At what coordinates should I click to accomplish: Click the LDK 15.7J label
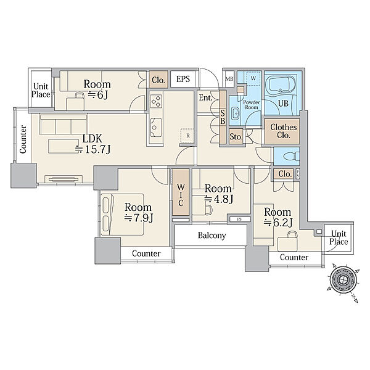(x=92, y=144)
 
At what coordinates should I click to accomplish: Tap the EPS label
(x=183, y=79)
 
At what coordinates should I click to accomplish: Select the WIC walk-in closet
(x=181, y=192)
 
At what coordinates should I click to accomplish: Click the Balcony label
(x=212, y=236)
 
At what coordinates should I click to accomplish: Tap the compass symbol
(x=343, y=281)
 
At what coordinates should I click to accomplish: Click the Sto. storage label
(x=236, y=137)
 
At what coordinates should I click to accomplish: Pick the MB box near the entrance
(x=229, y=79)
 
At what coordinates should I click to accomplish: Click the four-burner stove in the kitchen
(x=156, y=101)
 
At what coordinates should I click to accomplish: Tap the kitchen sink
(x=156, y=128)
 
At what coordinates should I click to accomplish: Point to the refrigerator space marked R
(x=187, y=136)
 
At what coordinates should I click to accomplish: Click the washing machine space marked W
(x=253, y=78)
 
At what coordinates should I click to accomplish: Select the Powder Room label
(x=252, y=105)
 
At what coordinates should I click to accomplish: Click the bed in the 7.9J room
(x=123, y=215)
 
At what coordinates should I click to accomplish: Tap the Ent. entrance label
(x=205, y=97)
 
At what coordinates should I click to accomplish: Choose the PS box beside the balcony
(x=239, y=219)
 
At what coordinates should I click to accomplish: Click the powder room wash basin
(x=236, y=113)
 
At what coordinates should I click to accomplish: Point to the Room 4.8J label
(x=218, y=194)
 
